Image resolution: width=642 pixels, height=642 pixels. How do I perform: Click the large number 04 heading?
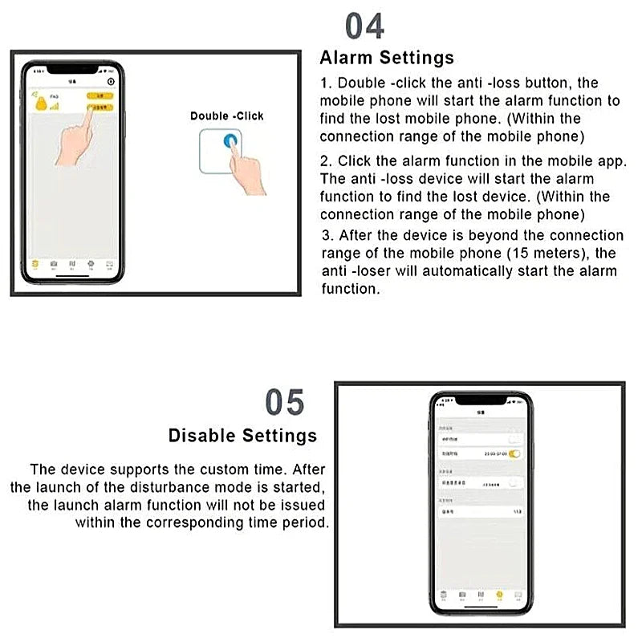365,26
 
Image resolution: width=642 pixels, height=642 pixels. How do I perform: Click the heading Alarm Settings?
387,58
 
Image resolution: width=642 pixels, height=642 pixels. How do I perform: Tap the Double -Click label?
227,116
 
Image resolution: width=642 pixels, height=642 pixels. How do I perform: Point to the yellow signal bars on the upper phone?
54,106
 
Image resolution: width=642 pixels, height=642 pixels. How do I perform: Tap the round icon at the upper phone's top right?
111,81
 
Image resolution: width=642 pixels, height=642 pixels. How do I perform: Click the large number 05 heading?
285,402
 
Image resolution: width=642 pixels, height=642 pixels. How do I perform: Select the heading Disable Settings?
242,436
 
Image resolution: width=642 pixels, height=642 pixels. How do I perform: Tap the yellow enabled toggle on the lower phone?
514,453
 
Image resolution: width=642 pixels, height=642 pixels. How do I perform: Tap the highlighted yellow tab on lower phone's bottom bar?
499,595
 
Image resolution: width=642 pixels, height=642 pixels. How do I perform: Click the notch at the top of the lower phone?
481,399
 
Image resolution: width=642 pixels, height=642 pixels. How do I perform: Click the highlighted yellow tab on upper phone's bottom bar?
35,264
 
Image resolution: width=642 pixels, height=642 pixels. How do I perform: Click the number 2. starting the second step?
326,161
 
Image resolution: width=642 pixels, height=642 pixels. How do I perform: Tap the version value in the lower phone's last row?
516,510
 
